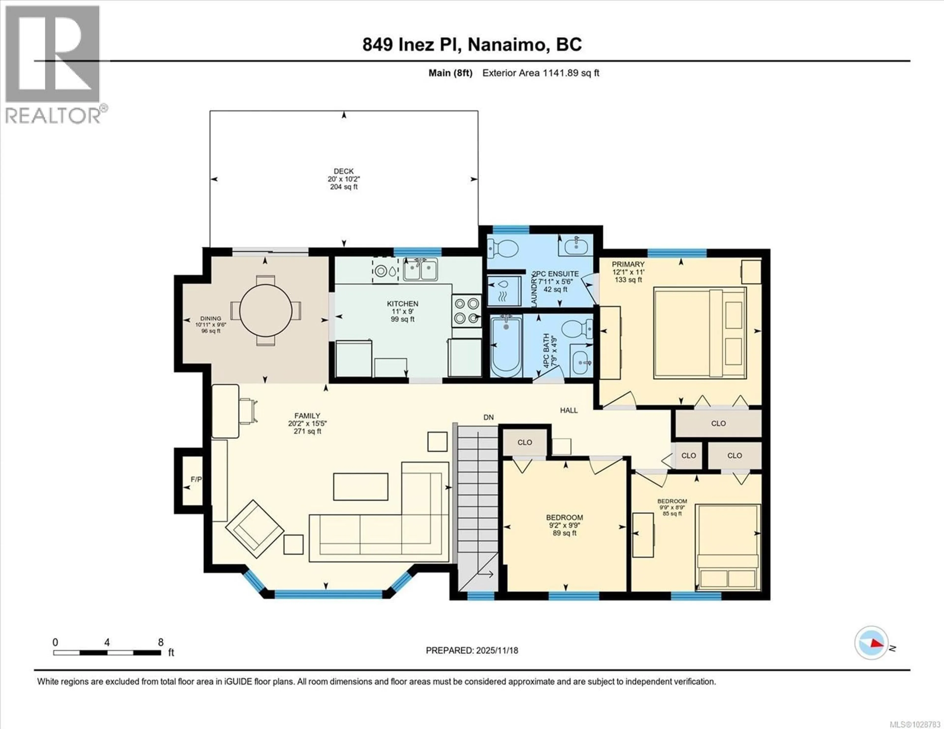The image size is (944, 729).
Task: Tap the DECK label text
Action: click(344, 171)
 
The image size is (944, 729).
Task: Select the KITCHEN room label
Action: click(402, 304)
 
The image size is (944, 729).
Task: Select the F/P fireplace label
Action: click(196, 479)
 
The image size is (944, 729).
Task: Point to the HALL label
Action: click(569, 410)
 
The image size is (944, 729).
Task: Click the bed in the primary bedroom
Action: click(700, 333)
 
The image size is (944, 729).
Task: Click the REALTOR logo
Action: click(53, 65)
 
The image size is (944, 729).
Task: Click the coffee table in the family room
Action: click(360, 486)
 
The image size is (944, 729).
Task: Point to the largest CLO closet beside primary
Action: click(718, 424)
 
